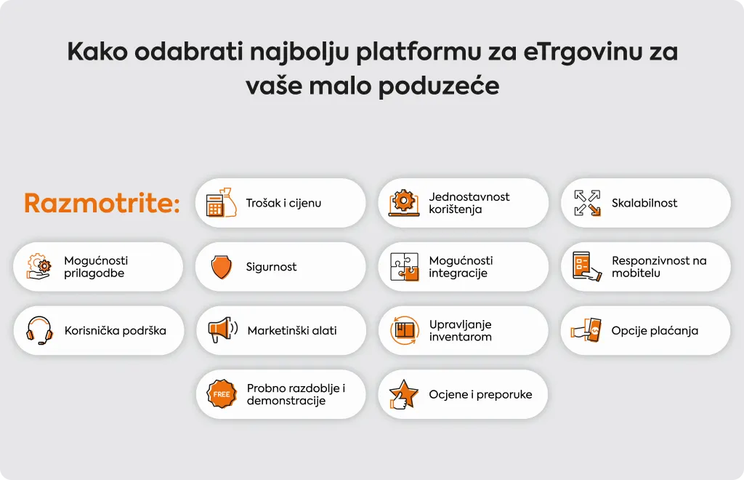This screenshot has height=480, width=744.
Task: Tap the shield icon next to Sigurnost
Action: point(221,267)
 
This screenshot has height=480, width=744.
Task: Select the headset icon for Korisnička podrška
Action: point(39,330)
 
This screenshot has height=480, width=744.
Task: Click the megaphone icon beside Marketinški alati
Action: point(222,330)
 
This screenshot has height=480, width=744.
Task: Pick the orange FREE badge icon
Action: point(222,394)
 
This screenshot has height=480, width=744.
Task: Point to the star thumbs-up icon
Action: point(403,394)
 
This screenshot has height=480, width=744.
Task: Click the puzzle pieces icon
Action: point(404,267)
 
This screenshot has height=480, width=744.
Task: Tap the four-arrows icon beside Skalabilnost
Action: point(587,203)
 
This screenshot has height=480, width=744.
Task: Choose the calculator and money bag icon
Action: point(221,203)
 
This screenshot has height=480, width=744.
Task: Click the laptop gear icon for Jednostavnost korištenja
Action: point(404,203)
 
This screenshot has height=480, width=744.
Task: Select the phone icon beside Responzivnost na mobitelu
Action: point(586,267)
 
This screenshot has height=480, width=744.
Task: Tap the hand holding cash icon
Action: point(586,330)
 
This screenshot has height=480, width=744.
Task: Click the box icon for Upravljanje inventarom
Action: point(405,330)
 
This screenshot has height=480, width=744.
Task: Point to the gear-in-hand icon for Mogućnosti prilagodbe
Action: point(39,267)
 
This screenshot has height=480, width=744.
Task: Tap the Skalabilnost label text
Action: point(644,203)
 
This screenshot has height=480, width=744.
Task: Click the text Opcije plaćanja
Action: point(655,330)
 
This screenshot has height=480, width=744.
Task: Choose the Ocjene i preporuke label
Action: point(481,394)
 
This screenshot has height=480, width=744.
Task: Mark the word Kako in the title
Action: point(97,52)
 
